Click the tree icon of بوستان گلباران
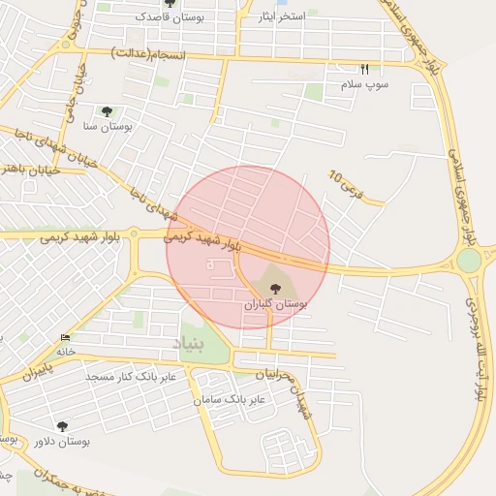[x=276, y=288]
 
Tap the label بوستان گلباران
[x=275, y=304]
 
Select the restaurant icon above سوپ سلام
[x=365, y=69]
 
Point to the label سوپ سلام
[x=364, y=85]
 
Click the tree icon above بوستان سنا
[x=107, y=110]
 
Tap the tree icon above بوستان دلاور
[x=63, y=425]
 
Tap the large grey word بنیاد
[x=190, y=343]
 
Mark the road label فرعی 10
[x=344, y=186]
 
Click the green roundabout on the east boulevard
[x=469, y=261]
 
